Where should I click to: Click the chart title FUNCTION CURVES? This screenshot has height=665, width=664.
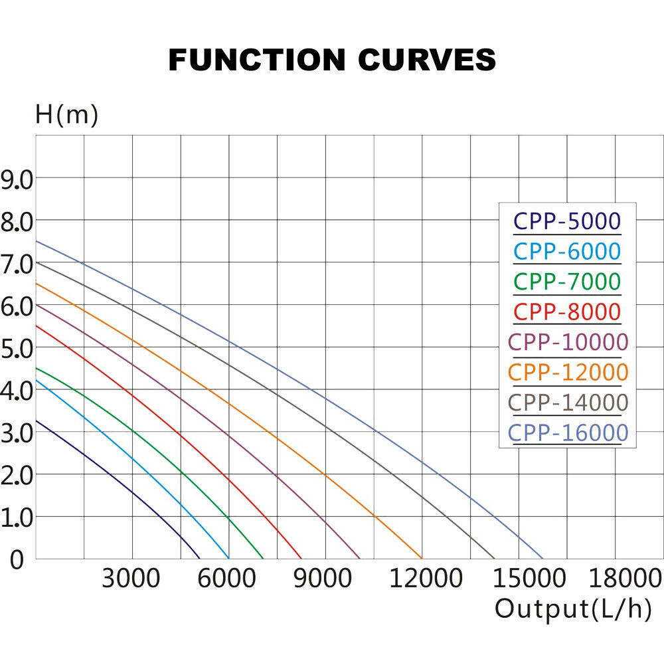(x=332, y=60)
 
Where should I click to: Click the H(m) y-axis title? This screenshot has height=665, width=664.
(x=66, y=115)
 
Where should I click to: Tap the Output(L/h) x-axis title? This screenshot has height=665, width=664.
(x=573, y=609)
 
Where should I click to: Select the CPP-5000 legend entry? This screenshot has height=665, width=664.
(x=567, y=221)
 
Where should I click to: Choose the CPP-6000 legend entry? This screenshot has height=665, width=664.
(x=567, y=251)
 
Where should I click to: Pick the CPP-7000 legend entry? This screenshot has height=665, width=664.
(x=567, y=281)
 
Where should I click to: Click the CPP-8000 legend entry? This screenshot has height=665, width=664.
(x=567, y=311)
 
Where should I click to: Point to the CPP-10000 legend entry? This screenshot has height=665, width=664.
(x=567, y=341)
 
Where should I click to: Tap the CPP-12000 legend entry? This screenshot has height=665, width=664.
(x=567, y=372)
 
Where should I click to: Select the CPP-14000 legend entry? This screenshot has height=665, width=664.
(x=567, y=403)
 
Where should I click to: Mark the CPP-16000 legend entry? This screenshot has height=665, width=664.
(x=567, y=433)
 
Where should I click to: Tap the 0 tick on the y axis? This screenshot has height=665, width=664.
(x=17, y=559)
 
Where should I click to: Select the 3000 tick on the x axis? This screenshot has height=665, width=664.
(x=131, y=579)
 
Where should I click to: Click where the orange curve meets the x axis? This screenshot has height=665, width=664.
(x=422, y=558)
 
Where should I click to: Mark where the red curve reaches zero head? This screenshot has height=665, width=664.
(x=301, y=558)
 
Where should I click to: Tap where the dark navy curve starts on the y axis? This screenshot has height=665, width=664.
(x=36, y=420)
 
